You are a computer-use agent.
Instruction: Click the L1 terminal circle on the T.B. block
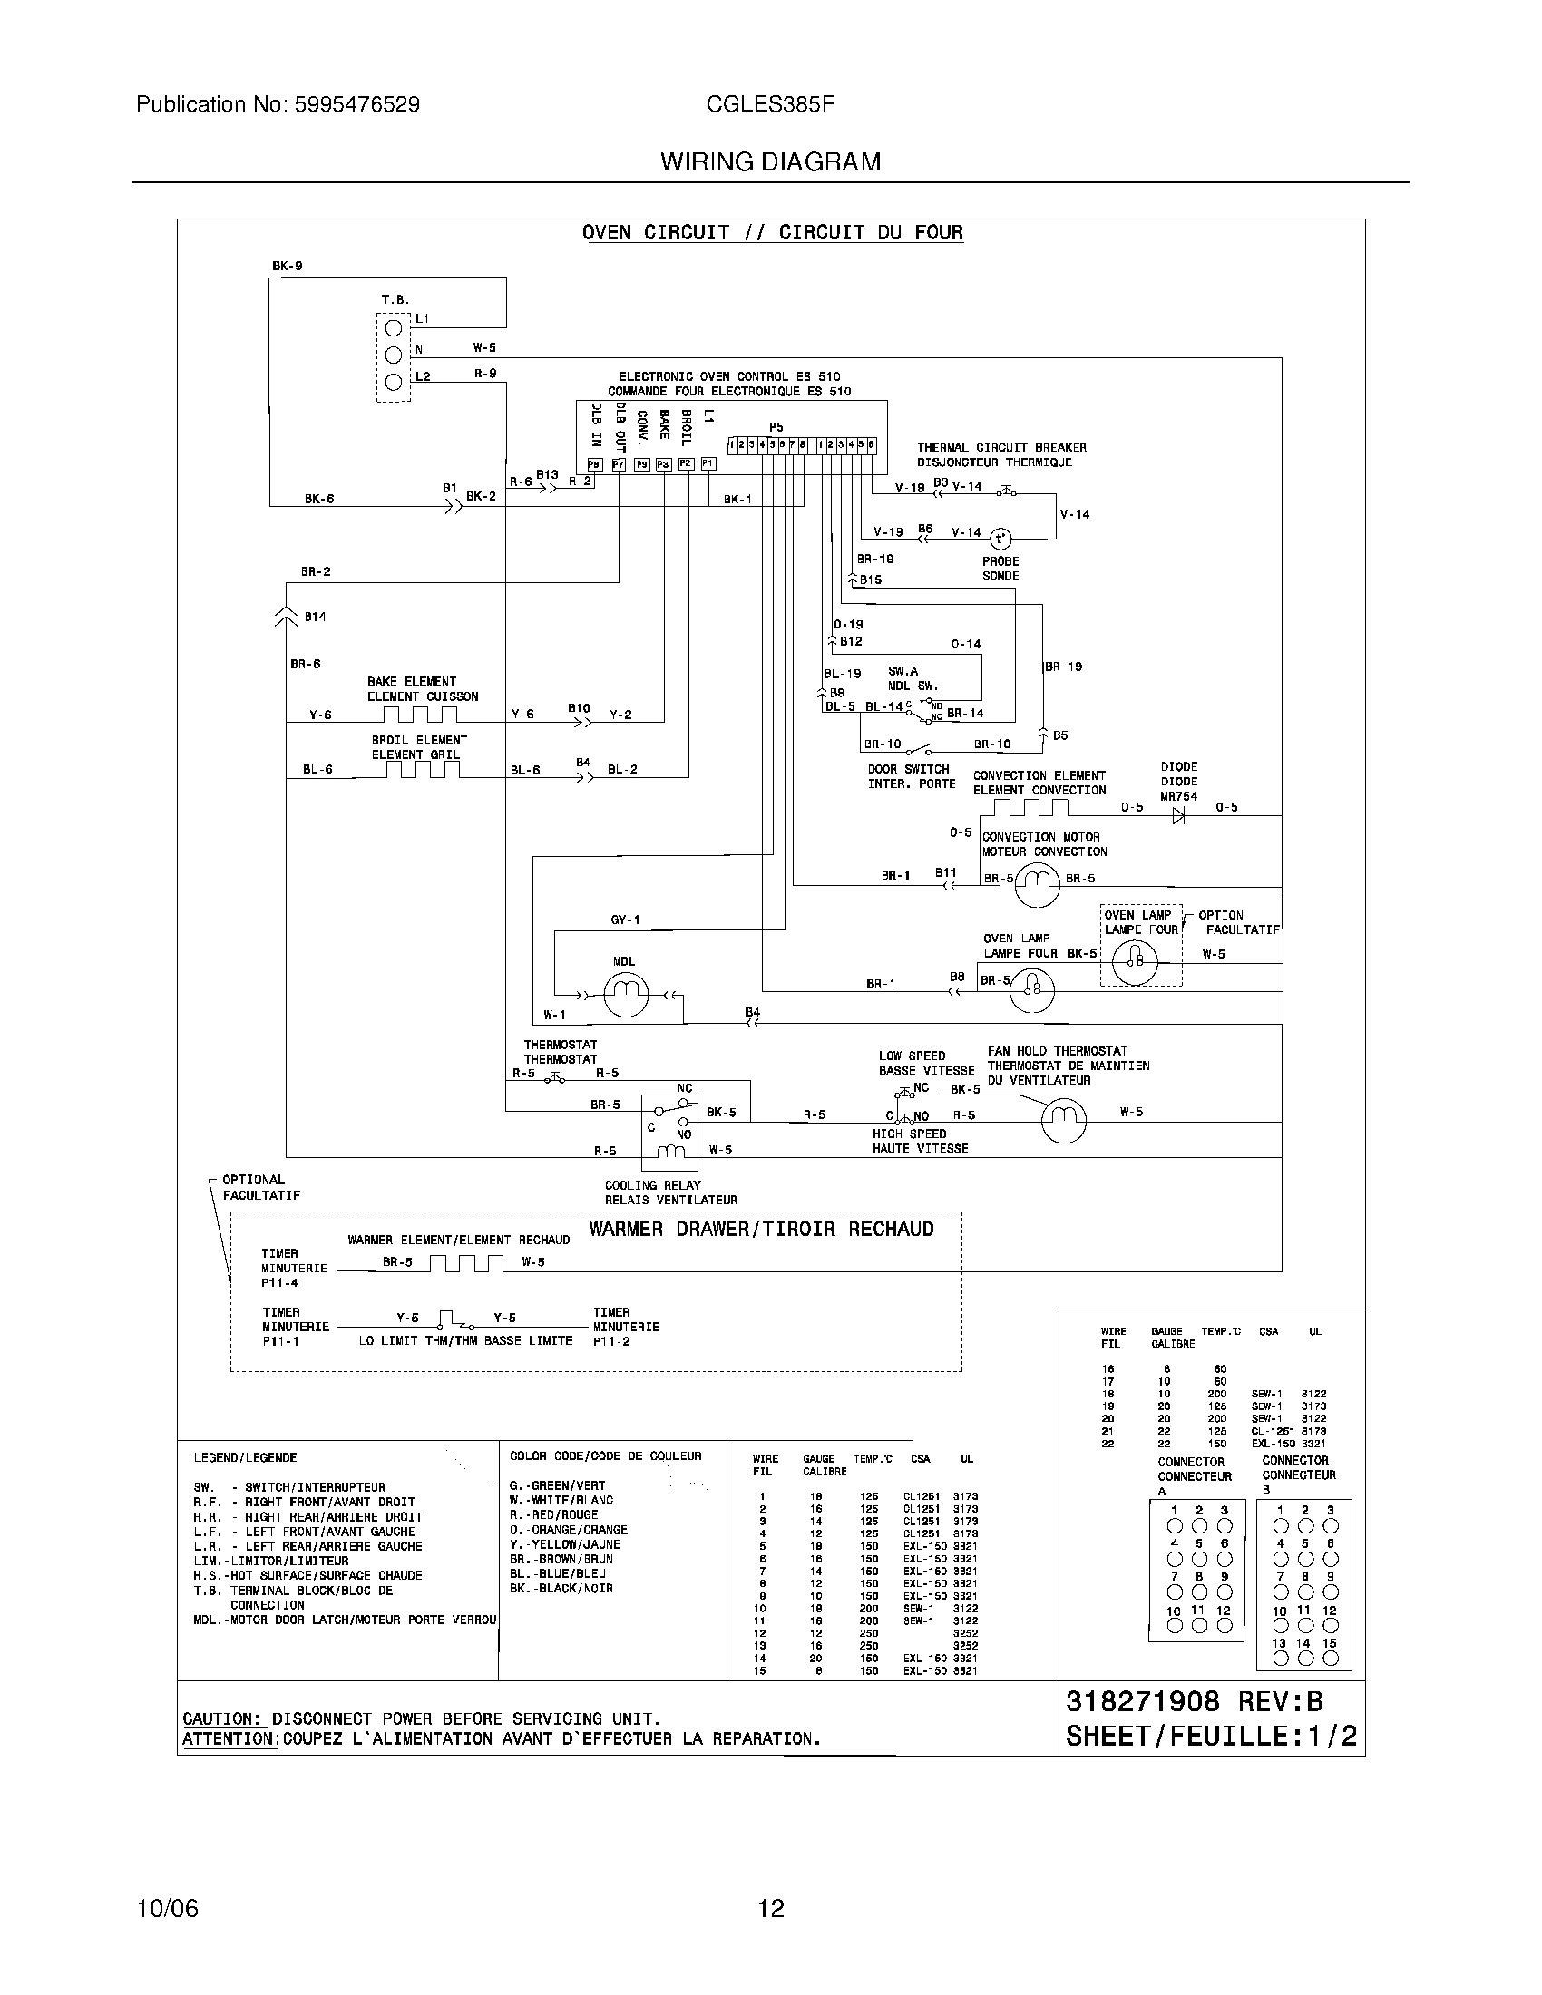[393, 328]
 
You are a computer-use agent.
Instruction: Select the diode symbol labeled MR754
[1177, 816]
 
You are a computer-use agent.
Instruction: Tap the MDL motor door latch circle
[626, 995]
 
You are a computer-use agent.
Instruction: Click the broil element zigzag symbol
[421, 769]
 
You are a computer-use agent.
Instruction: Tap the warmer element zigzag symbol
[466, 1263]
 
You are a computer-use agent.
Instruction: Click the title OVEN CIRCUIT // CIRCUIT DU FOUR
[772, 233]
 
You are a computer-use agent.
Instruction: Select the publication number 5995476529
[357, 105]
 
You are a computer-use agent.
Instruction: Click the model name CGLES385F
[770, 105]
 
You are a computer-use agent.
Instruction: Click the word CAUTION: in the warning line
[221, 1719]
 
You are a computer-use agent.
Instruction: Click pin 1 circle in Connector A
[1175, 1526]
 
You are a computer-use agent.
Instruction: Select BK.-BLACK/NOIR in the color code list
[561, 1589]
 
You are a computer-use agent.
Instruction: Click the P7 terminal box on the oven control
[619, 464]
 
